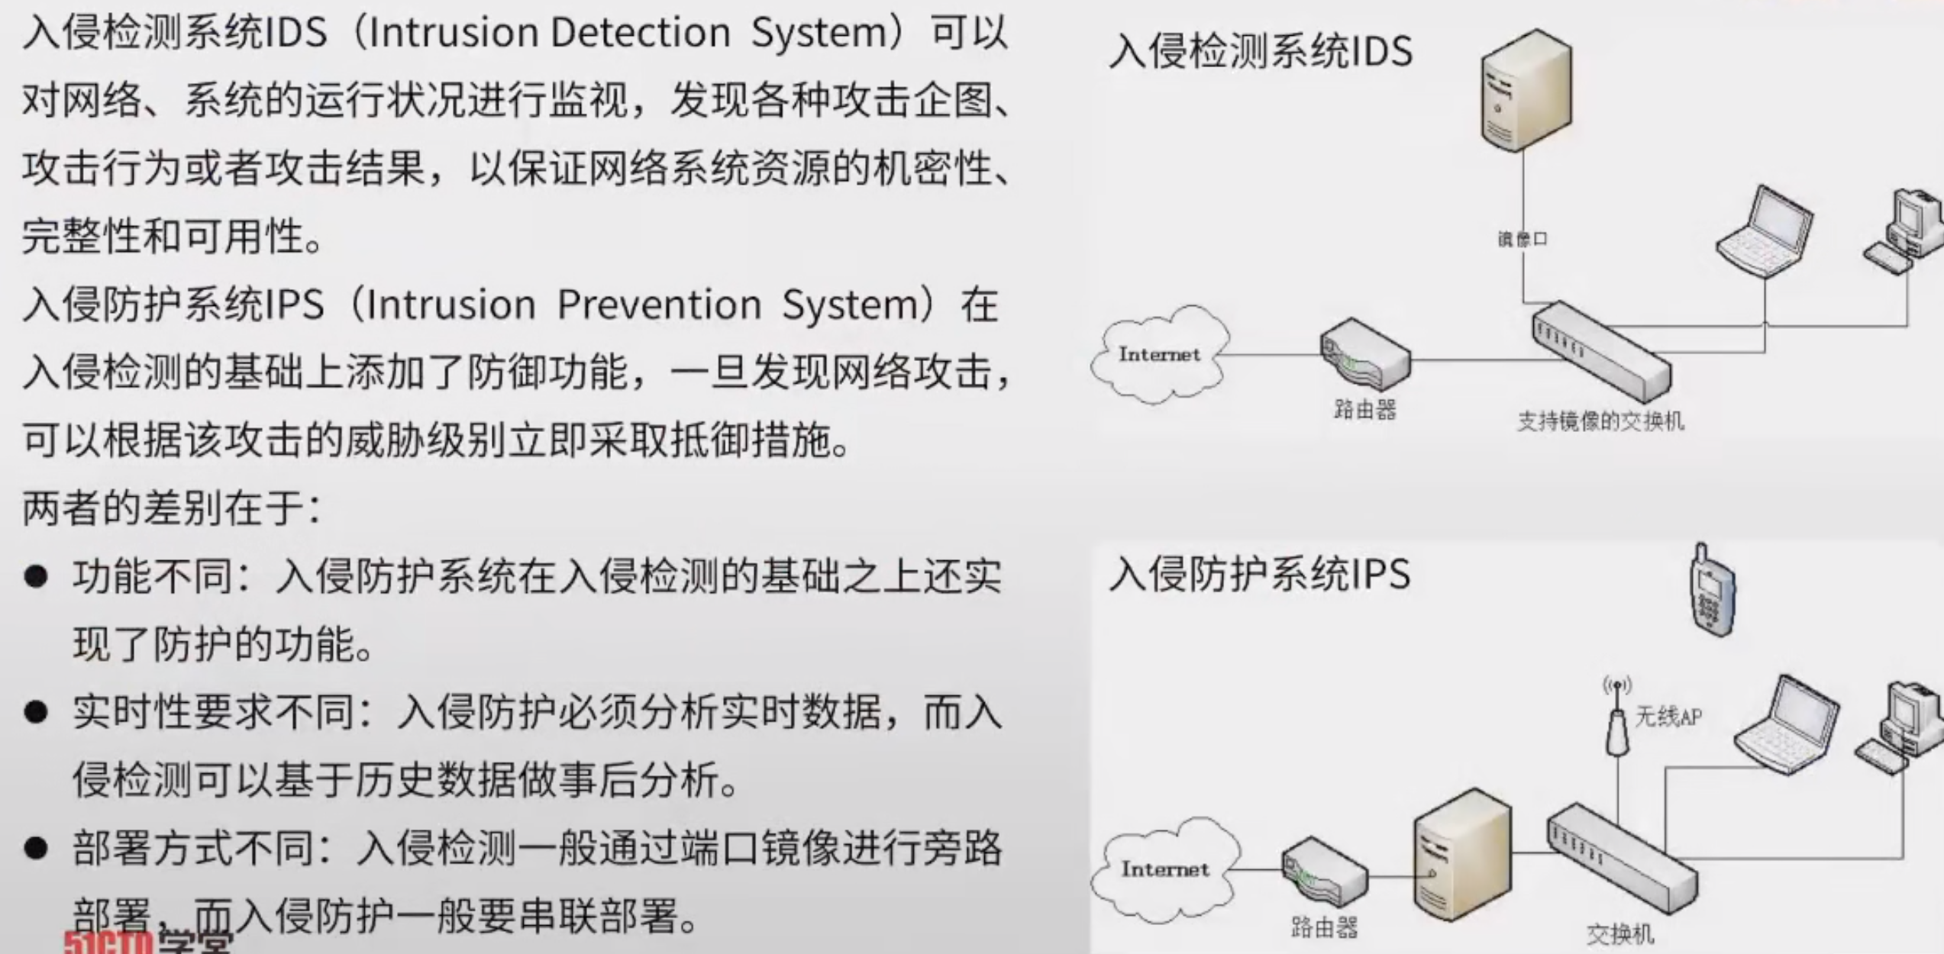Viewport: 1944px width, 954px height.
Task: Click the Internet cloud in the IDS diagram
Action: (x=1158, y=354)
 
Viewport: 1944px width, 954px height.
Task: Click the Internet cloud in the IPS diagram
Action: (x=1164, y=869)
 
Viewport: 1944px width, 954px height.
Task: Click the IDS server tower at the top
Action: (x=1526, y=90)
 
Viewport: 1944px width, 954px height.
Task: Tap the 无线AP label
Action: (x=1668, y=717)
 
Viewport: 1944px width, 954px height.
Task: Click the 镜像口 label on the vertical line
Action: (x=1523, y=240)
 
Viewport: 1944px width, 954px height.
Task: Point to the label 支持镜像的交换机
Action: (x=1600, y=421)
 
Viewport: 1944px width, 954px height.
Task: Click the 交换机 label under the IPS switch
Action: (x=1619, y=934)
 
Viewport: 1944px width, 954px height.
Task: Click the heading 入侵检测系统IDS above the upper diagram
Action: (x=1260, y=52)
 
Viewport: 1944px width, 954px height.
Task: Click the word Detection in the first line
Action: (x=640, y=34)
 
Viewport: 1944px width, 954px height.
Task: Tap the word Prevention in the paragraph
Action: (x=659, y=305)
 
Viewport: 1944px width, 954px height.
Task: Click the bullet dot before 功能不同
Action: (x=36, y=577)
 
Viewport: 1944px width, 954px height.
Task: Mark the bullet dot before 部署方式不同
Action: (x=36, y=849)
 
